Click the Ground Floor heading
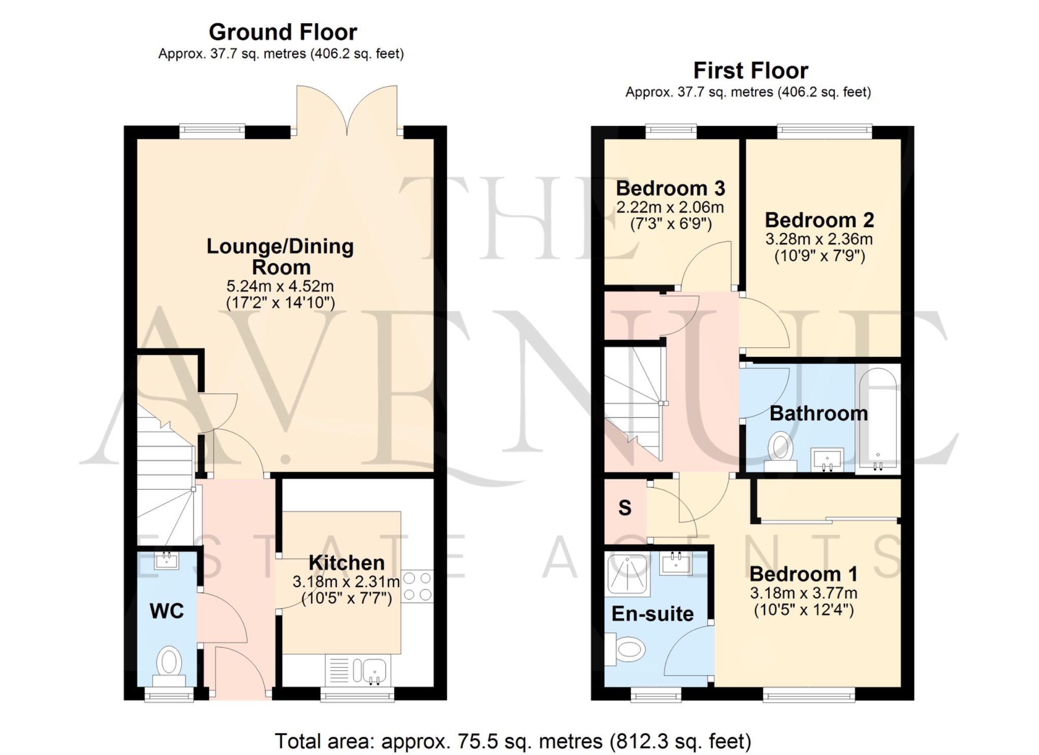(283, 32)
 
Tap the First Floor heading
(751, 70)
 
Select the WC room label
(167, 611)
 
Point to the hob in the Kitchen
(418, 586)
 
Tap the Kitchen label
(347, 563)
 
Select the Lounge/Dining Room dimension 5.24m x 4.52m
(280, 286)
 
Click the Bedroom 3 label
(671, 188)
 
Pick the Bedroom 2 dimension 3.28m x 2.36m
(819, 239)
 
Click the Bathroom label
(819, 413)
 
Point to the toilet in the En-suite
(625, 649)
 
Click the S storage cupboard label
(625, 508)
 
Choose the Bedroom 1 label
(804, 574)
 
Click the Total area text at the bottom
(513, 741)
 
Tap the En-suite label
(652, 614)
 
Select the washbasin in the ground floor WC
(166, 561)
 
